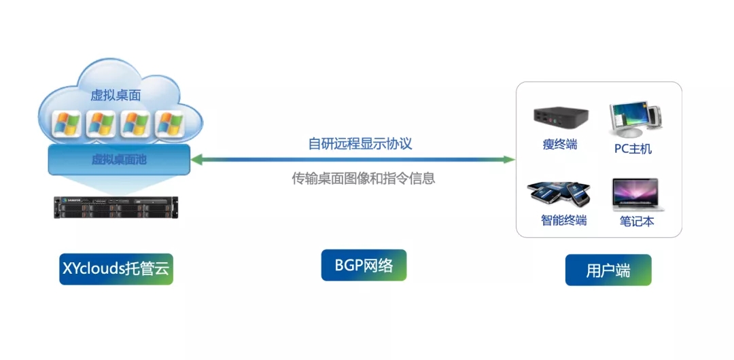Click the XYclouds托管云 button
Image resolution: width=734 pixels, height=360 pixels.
tap(116, 268)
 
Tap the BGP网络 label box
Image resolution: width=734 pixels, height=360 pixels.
tap(364, 265)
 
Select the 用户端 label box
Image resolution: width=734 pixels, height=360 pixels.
tap(608, 270)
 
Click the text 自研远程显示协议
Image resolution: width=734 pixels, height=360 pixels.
tap(360, 144)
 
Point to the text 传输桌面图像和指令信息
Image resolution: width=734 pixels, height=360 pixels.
tap(363, 179)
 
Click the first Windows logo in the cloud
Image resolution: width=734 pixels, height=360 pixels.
tap(67, 124)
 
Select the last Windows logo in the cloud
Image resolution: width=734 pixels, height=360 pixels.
tap(169, 124)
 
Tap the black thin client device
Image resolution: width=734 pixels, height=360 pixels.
tap(559, 118)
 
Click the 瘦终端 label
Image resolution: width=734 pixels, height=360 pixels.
tap(559, 144)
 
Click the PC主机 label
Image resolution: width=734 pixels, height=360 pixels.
tap(628, 149)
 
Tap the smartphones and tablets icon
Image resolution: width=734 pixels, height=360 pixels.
tap(559, 193)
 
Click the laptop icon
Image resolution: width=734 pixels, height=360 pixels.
tap(637, 195)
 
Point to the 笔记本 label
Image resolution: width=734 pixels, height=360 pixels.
tap(637, 221)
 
